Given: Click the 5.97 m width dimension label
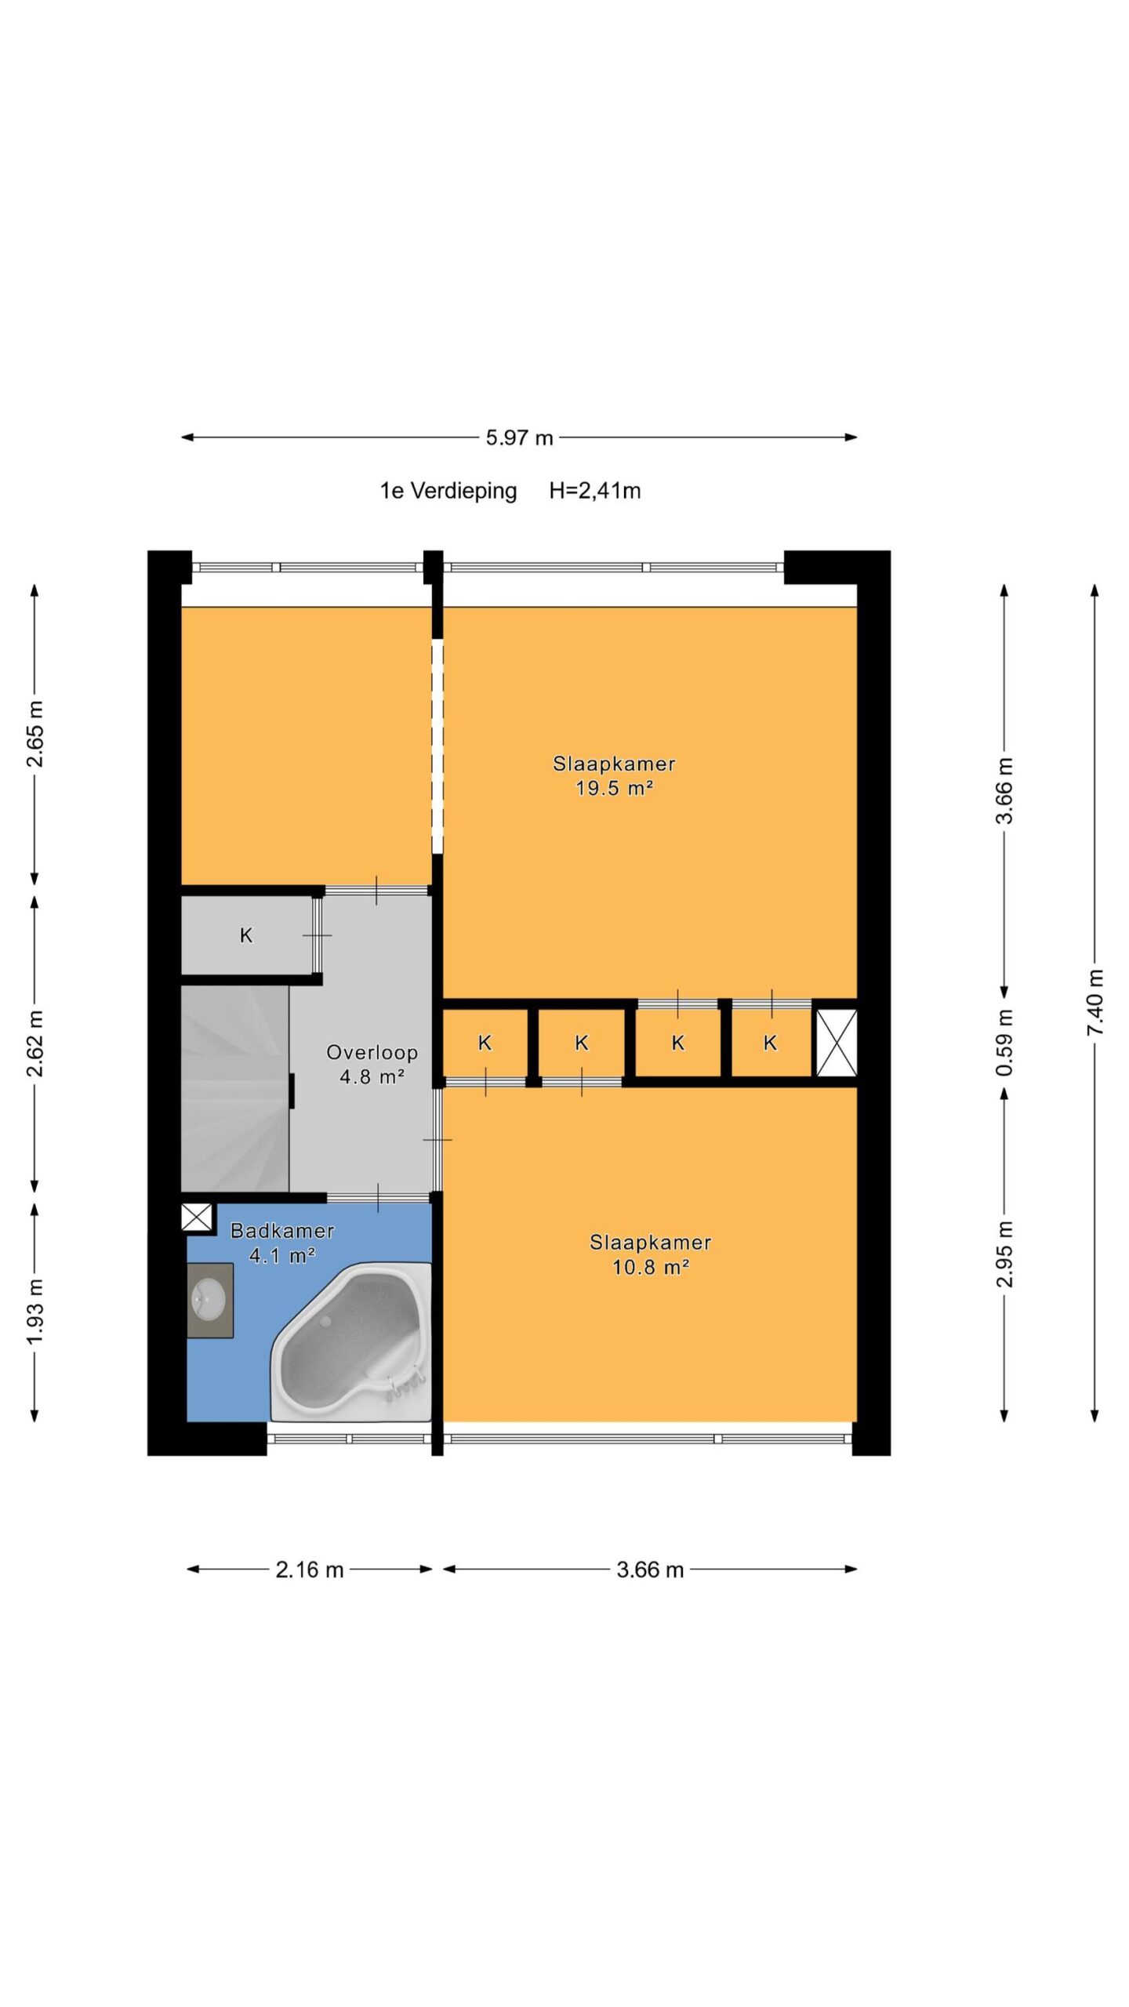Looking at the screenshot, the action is pos(519,437).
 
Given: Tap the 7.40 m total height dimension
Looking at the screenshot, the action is pos(1095,1002).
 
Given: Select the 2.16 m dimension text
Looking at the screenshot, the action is pos(310,1570).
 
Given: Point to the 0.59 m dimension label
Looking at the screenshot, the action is pos(1004,1043).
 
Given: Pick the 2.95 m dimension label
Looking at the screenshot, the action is pos(1004,1254).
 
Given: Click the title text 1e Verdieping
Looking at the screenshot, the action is pos(448,491).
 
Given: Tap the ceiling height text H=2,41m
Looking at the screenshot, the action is pos(595,491).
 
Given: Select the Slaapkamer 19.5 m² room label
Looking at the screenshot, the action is pos(614,775).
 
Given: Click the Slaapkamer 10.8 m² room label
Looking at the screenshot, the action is pos(651,1254).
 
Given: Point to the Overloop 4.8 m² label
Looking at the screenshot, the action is pos(372,1064).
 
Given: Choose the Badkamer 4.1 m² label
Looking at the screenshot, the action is pos(282,1243).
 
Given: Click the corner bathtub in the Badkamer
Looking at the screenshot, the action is pos(351,1341).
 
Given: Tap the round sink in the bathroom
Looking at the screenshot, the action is pos(209,1299).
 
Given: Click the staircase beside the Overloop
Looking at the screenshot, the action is pos(234,1089).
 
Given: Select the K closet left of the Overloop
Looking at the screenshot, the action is pos(247,935).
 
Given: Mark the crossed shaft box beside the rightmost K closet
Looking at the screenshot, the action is pos(837,1043).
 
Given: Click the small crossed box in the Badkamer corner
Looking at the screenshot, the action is pos(197,1218).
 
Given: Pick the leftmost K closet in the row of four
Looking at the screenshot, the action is pos(485,1043).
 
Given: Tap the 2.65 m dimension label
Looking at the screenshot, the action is pos(34,734).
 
